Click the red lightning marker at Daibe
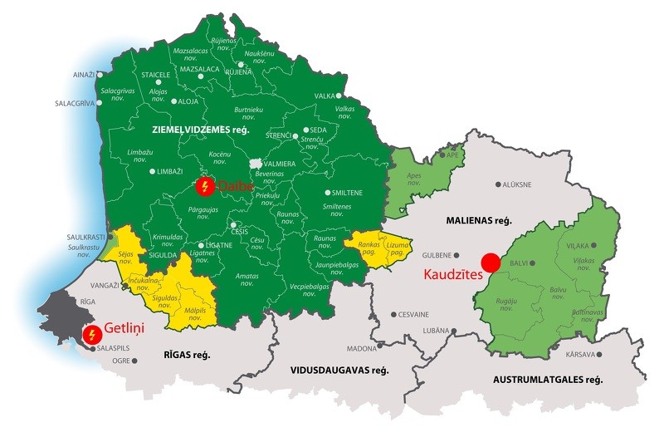203,186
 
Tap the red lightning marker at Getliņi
93,335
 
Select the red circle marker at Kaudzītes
491,263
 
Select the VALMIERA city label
280,164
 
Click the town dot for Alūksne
498,184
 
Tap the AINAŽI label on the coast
83,75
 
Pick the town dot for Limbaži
152,171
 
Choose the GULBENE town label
438,255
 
